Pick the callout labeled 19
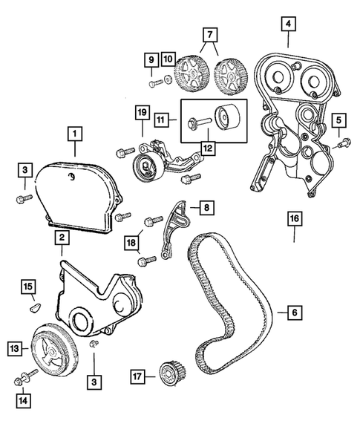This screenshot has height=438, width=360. [141, 113]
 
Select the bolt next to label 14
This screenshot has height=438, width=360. [24, 379]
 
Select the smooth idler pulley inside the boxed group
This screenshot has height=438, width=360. [225, 118]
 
